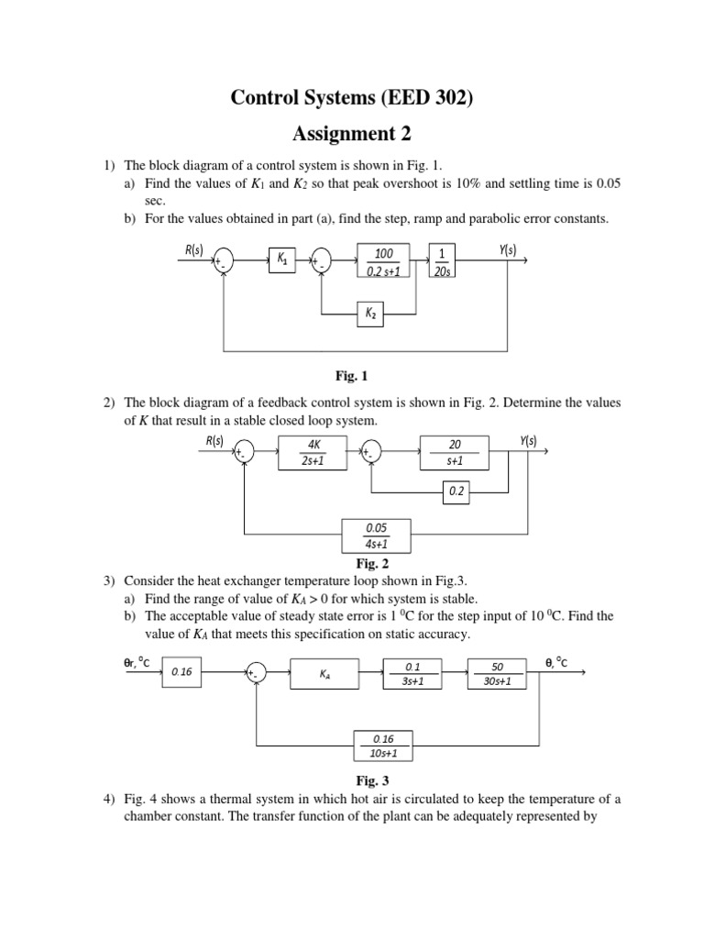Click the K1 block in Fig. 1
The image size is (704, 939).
(x=282, y=260)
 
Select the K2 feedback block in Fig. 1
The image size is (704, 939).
(x=370, y=314)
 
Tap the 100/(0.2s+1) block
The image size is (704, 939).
(x=384, y=260)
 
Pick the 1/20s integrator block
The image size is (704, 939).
(x=443, y=260)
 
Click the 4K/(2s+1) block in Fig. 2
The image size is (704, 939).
(x=313, y=453)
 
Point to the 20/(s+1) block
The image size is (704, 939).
(x=455, y=453)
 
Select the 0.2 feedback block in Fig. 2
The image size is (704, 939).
(x=456, y=492)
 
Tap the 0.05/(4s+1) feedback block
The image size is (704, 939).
(x=377, y=536)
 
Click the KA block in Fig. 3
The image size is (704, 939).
(x=325, y=674)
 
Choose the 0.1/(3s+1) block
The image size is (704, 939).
(x=412, y=674)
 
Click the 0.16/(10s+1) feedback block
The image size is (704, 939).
(x=384, y=746)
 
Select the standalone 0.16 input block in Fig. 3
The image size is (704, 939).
(x=181, y=672)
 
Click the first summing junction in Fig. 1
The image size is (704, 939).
(x=224, y=260)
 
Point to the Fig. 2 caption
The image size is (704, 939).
(x=372, y=564)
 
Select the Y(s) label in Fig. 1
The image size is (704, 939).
(x=508, y=249)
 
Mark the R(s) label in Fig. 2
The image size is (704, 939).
(x=214, y=441)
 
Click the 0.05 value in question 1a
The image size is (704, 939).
(x=609, y=183)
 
